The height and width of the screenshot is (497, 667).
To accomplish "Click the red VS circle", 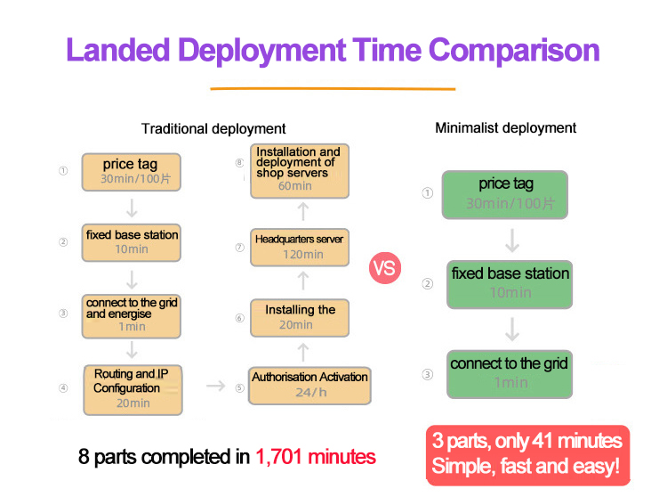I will click(x=385, y=268).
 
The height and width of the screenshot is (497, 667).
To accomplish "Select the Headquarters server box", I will click(x=299, y=246).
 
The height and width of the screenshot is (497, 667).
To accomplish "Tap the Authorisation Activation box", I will click(x=309, y=384).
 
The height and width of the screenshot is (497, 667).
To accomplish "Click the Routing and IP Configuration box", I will click(x=132, y=388).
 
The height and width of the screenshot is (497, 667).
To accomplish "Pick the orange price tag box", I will click(x=132, y=171).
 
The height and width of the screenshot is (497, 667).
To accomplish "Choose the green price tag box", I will click(x=506, y=193).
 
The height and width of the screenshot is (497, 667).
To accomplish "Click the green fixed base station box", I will click(x=510, y=282).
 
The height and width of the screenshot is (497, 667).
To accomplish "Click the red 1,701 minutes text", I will click(x=316, y=458).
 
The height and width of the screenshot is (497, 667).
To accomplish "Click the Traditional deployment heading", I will click(x=213, y=129).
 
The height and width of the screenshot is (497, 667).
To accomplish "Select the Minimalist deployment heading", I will click(x=505, y=128).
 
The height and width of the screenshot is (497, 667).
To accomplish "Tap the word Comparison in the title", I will click(x=520, y=50).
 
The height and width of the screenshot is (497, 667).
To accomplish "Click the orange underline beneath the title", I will click(x=332, y=88).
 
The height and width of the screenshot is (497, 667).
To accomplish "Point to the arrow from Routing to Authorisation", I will click(x=215, y=386).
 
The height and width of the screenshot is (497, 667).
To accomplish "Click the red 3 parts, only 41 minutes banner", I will click(x=526, y=454).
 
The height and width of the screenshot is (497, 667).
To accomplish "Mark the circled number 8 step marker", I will click(x=239, y=163).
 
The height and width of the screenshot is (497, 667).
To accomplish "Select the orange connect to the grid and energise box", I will click(x=132, y=315).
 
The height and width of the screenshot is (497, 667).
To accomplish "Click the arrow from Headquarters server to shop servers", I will click(x=302, y=210).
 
